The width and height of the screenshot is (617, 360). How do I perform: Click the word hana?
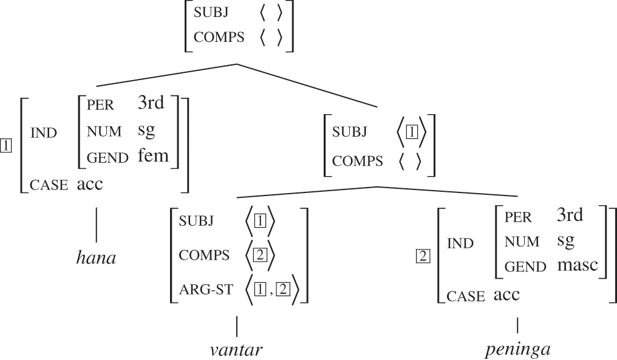96,258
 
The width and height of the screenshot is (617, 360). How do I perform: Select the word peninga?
517,350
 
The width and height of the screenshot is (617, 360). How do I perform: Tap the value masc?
578,265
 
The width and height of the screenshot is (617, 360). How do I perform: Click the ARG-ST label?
205,290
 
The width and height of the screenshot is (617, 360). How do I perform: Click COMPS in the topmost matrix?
219,37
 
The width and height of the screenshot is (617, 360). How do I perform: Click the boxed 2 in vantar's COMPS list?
259,255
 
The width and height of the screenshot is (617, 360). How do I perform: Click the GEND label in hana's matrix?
107,158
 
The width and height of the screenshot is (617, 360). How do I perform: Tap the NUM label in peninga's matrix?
522,242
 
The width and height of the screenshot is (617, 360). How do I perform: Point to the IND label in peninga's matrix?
460,244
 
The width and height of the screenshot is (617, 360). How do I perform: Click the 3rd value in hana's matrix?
151,103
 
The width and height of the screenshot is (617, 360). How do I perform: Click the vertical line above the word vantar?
237,326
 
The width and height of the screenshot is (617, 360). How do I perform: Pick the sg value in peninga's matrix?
566,240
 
